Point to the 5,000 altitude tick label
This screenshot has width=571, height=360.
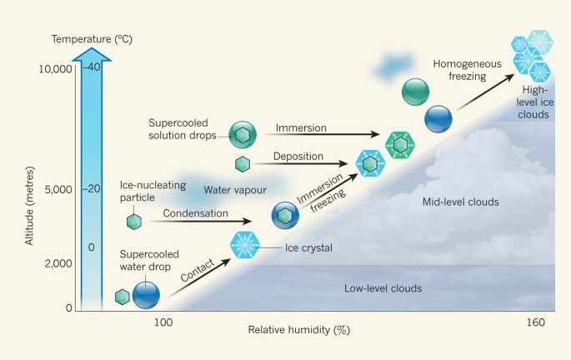[60, 189]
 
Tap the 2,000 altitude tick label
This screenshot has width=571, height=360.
[60, 263]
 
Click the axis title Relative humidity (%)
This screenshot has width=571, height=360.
[298, 330]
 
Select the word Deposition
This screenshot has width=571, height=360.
[298, 156]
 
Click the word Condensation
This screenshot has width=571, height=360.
[195, 213]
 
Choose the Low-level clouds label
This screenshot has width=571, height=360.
[383, 288]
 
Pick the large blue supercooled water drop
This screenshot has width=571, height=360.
[146, 294]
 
